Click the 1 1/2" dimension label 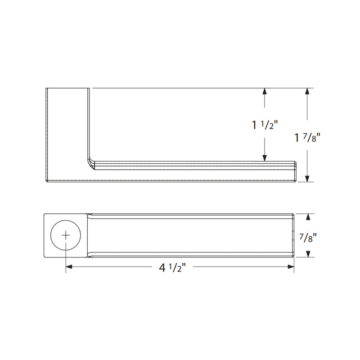click(x=266, y=125)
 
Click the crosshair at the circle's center click(x=66, y=235)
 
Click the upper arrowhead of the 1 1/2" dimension click(x=265, y=91)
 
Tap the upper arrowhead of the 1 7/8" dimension click(x=307, y=91)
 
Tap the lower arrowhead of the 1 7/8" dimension click(x=307, y=178)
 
